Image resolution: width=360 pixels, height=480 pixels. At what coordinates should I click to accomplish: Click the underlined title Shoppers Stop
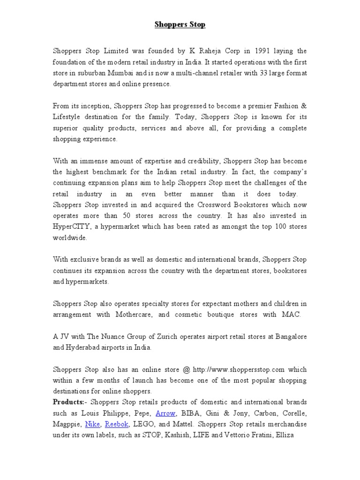[180, 24]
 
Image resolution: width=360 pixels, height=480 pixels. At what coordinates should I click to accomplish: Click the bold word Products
[68, 403]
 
